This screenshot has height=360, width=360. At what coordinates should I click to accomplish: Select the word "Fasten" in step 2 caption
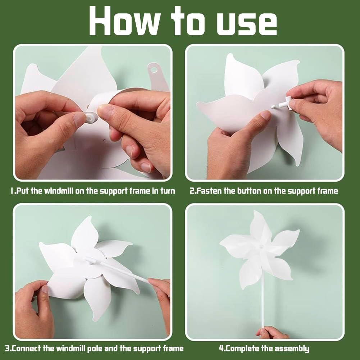211,191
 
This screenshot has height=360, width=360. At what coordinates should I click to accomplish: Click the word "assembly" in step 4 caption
291,348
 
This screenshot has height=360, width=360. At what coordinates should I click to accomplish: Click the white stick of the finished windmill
262,302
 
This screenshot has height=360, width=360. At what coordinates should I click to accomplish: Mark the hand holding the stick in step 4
272,333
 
